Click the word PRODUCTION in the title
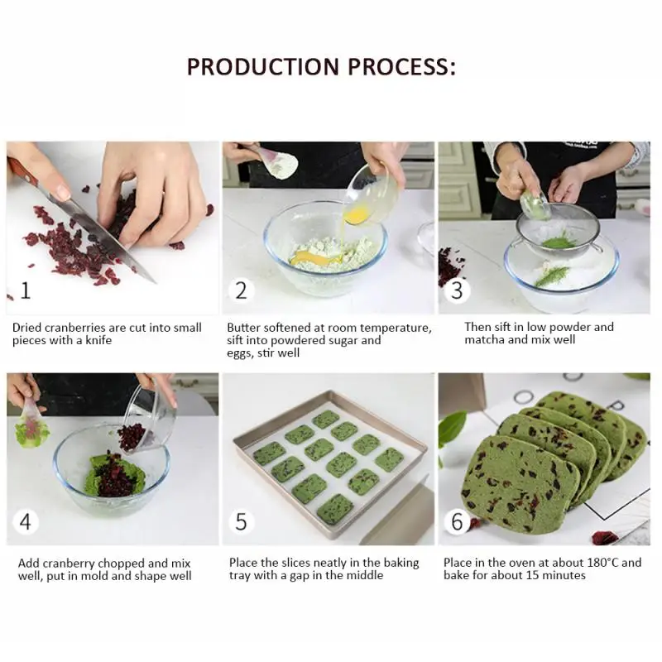click(x=263, y=67)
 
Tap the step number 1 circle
click(x=26, y=290)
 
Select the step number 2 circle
click(x=241, y=290)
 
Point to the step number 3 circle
click(x=458, y=290)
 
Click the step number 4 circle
click(x=26, y=522)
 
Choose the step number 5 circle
click(x=241, y=522)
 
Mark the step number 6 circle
click(x=458, y=522)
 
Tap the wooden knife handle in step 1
click(x=24, y=170)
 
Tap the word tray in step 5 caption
click(x=239, y=576)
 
